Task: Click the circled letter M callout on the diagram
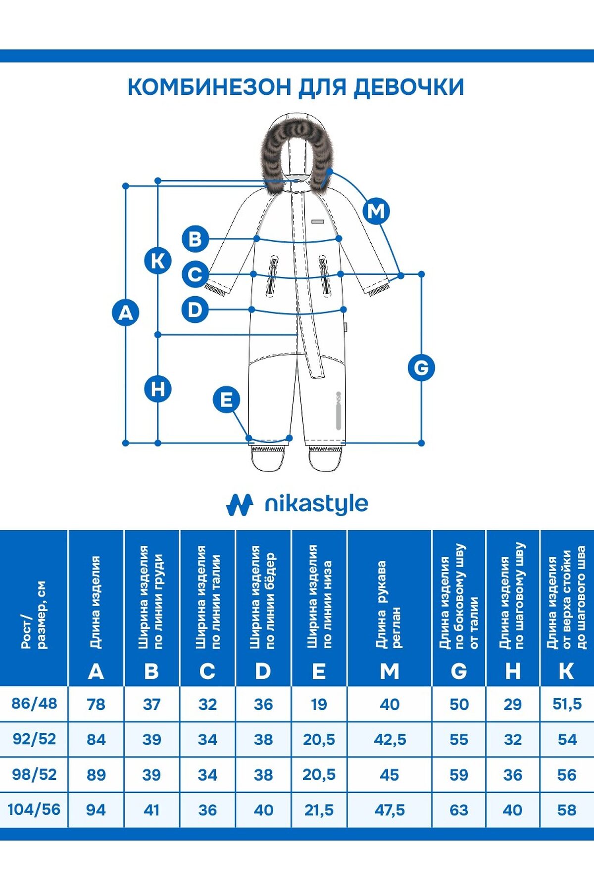(x=376, y=211)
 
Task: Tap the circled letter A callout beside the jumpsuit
(x=126, y=313)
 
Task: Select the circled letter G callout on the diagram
(x=421, y=367)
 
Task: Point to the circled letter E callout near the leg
(x=226, y=400)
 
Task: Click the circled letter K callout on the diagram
(x=158, y=261)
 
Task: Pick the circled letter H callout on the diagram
(x=158, y=389)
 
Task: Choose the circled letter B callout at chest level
(x=195, y=239)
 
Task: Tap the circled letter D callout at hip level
(x=195, y=310)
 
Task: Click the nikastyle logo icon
(x=240, y=505)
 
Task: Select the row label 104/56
(x=34, y=809)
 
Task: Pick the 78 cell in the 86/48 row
(x=96, y=704)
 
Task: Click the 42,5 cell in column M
(x=390, y=739)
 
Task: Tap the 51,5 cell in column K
(x=567, y=704)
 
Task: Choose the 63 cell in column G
(x=459, y=810)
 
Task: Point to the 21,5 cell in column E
(x=319, y=810)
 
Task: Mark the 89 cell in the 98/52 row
(x=96, y=774)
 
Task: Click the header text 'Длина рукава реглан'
(x=389, y=604)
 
